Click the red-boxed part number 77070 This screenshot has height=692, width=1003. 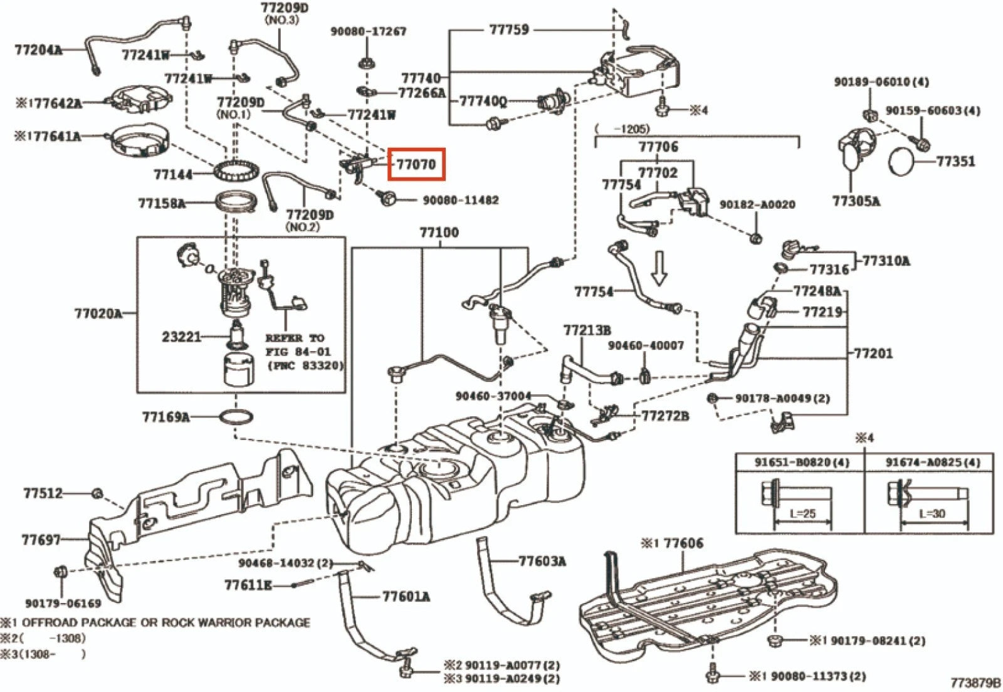pos(416,164)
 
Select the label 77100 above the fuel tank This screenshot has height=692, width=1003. pos(439,233)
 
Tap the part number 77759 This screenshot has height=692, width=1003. pos(508,29)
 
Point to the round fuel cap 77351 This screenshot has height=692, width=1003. pos(904,162)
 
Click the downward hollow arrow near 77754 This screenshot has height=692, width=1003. pos(659,268)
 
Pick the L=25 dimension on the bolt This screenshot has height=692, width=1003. pos(802,513)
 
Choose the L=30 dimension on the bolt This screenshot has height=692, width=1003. pos(932,513)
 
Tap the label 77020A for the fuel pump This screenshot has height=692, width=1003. pos(98,313)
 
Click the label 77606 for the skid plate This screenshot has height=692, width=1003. pos(683,543)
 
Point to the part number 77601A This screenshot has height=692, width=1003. pos(406,596)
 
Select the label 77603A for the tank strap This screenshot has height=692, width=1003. pos(542,561)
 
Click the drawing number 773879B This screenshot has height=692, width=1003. pos(975,683)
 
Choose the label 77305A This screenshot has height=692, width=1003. pos(856,201)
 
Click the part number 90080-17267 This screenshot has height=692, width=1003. pos(368,31)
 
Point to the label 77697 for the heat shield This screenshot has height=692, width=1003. pos(41,539)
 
